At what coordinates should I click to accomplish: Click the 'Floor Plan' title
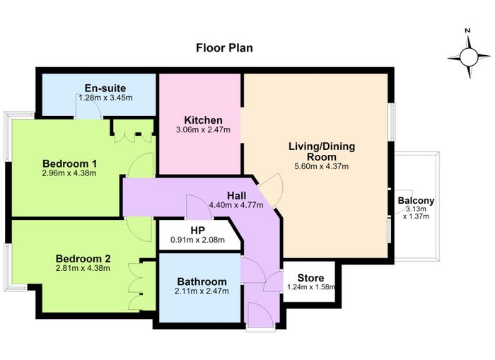[x=224, y=48]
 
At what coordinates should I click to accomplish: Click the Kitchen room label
[x=204, y=120]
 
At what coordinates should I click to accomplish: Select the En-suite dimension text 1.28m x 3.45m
[x=105, y=98]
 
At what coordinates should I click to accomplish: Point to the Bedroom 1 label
[x=69, y=163]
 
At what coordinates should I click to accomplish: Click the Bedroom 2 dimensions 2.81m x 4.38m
[x=83, y=268]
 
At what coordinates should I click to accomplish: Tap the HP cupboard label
[x=197, y=230]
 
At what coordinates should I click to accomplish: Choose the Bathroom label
[x=202, y=281]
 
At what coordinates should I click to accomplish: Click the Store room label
[x=310, y=278]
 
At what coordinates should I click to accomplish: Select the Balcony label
[x=416, y=201]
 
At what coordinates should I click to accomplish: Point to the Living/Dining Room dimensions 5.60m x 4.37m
[x=321, y=166]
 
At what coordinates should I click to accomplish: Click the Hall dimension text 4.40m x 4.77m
[x=235, y=205]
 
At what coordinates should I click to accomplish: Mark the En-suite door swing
[x=88, y=106]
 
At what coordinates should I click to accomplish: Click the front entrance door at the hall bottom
[x=260, y=315]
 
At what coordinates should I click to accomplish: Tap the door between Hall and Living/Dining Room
[x=271, y=190]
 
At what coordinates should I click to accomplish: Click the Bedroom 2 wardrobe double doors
[x=135, y=286]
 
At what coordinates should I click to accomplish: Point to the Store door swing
[x=273, y=281]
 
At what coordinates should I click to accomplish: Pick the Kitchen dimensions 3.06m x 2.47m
[x=204, y=129]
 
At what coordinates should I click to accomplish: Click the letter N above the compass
[x=467, y=30]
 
